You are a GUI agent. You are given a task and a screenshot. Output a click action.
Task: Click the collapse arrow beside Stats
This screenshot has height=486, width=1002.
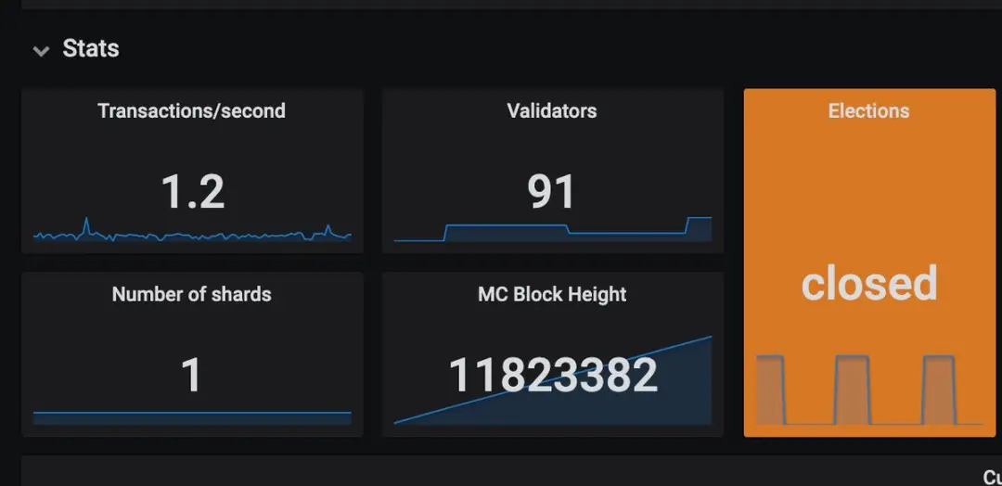tap(40, 51)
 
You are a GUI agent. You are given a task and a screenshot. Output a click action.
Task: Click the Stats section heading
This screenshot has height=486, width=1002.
tap(91, 48)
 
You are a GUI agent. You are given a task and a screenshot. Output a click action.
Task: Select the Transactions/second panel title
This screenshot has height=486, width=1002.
tap(191, 111)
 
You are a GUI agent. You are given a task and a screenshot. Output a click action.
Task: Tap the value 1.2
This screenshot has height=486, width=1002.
tap(193, 191)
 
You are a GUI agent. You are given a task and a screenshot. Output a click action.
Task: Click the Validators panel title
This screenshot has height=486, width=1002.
tap(551, 111)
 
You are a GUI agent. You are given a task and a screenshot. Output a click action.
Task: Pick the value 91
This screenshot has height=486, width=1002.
tap(551, 191)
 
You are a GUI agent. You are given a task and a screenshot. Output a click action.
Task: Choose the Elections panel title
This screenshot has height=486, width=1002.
tap(868, 111)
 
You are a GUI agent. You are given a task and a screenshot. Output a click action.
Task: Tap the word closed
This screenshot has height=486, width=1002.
tap(869, 283)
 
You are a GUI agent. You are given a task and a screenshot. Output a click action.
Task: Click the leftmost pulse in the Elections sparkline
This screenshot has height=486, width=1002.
tap(770, 390)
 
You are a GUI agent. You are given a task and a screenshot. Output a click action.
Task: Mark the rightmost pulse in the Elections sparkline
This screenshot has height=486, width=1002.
tap(938, 390)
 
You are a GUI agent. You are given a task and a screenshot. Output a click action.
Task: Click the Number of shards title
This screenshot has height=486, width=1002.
tap(191, 295)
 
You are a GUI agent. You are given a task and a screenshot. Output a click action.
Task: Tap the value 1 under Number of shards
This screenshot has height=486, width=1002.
tap(191, 375)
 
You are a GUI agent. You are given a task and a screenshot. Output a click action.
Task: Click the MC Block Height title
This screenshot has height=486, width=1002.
tap(551, 295)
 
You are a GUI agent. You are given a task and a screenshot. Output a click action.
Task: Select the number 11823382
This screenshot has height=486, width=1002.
tap(553, 375)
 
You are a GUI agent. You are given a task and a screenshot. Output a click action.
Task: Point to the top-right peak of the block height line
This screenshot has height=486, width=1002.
tap(710, 338)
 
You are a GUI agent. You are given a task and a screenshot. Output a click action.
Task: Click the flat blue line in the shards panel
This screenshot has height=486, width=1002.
tap(191, 413)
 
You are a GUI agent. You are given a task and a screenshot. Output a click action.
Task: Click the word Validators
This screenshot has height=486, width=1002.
tap(551, 111)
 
